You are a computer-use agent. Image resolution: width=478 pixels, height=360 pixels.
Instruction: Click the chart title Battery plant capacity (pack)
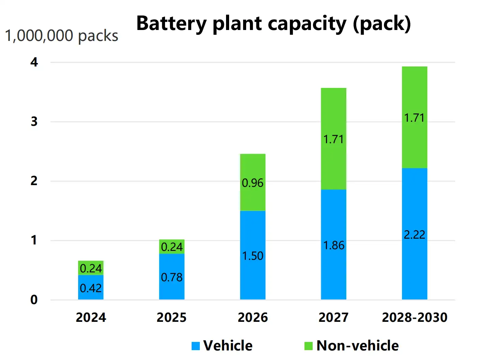click(273, 24)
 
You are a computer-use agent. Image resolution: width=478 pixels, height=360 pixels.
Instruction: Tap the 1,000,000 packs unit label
click(62, 36)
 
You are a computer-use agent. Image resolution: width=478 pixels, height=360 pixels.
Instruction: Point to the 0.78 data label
click(171, 277)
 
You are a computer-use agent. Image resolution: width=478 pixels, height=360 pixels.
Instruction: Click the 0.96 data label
click(253, 183)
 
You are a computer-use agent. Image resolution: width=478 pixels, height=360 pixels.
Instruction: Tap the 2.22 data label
click(414, 235)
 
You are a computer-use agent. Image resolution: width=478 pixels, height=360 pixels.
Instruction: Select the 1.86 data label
click(333, 245)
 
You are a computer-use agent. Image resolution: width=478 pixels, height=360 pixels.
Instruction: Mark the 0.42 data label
click(91, 288)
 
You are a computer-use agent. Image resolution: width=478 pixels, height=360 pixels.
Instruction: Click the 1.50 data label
click(253, 256)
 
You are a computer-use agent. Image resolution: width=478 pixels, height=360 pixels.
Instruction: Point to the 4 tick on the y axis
click(34, 62)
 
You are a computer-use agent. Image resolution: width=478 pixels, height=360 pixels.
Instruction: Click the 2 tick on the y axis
click(34, 181)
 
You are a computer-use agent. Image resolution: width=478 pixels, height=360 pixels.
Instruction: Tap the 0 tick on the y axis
click(34, 300)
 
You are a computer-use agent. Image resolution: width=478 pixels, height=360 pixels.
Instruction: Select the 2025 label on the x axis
click(171, 317)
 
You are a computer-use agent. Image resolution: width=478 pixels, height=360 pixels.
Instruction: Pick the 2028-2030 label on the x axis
click(414, 317)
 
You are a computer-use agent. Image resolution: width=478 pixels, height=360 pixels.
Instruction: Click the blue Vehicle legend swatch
click(196, 346)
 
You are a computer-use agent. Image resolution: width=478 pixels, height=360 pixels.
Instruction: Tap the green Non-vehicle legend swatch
click(308, 346)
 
